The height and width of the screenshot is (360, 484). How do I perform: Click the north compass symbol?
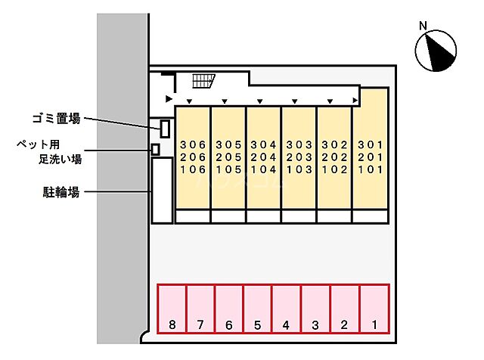point(436,51)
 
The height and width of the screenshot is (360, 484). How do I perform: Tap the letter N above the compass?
point(423,26)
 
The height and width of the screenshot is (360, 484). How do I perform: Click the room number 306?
point(193,144)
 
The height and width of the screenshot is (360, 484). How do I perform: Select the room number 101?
point(371,170)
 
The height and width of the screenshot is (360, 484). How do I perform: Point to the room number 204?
point(264,157)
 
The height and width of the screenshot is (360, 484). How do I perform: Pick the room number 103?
point(299,170)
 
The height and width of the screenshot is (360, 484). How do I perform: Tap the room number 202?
point(334,157)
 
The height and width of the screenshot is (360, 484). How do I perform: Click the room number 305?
point(228,144)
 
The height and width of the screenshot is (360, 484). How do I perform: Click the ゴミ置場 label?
point(55,118)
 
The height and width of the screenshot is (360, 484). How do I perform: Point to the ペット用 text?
point(38,144)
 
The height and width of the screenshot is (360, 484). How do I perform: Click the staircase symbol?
point(203,80)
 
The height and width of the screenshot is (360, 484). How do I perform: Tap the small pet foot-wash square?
point(156,149)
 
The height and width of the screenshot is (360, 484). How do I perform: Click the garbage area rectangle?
point(165,128)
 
